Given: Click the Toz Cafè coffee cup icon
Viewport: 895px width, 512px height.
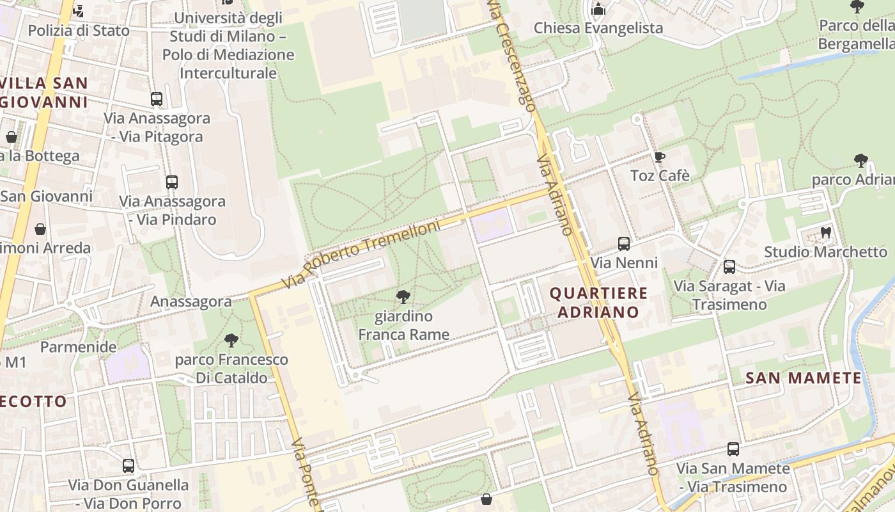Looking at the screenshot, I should (659, 157).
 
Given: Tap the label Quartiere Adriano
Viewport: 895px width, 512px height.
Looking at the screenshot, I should (598, 303).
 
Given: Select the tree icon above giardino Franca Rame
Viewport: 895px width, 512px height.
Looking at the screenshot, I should (403, 296).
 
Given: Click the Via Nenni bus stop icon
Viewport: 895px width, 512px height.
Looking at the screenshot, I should (623, 244).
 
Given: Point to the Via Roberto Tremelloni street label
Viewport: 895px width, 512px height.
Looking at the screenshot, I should (363, 254).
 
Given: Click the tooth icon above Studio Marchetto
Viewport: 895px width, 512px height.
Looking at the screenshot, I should (825, 233).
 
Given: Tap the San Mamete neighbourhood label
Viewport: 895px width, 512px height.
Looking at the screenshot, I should (804, 378).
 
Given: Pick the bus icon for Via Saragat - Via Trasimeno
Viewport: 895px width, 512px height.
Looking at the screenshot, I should (729, 267).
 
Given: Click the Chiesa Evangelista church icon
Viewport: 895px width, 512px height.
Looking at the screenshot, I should (598, 9).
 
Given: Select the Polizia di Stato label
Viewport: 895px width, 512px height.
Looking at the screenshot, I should (79, 30).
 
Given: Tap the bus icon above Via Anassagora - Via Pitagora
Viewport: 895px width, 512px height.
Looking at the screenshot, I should (157, 99).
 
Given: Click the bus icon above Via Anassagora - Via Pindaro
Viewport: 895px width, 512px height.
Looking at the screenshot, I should (171, 182).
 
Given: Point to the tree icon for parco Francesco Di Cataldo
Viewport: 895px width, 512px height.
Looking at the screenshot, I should (231, 340).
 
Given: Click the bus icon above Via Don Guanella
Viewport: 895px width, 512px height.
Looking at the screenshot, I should (128, 465).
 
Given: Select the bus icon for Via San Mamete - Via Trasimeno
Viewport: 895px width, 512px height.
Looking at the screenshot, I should (733, 449).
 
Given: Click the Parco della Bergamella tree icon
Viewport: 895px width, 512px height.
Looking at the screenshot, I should (857, 7).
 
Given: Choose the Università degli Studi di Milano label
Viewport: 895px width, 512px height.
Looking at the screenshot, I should (228, 45).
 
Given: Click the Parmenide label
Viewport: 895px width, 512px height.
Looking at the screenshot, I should (79, 347).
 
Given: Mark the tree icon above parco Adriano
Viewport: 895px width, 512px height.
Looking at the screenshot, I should (860, 160).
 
